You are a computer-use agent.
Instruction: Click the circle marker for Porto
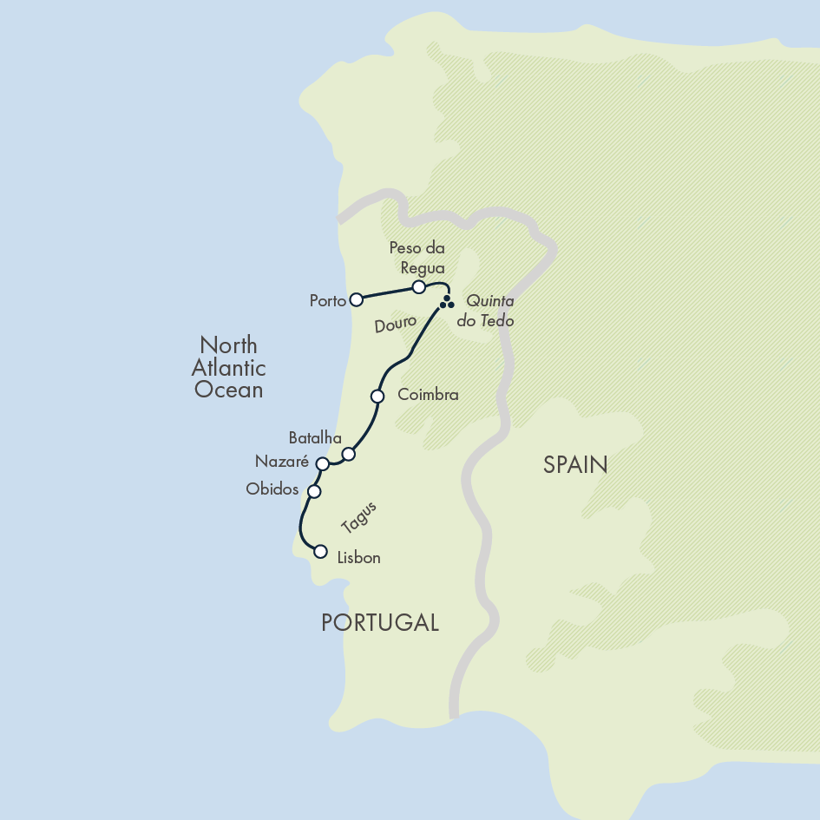click(x=356, y=300)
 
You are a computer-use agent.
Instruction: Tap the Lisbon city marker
click(x=320, y=551)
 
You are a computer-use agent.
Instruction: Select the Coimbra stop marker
click(x=377, y=397)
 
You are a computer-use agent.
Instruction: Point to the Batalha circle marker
click(x=348, y=454)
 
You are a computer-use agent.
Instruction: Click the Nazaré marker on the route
click(x=322, y=464)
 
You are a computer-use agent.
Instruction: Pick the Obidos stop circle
click(x=314, y=491)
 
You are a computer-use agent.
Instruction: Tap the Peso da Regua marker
click(x=418, y=286)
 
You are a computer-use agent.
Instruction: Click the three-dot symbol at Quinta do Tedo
click(x=447, y=303)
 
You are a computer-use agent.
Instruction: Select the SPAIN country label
click(x=575, y=465)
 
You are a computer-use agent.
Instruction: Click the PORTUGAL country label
click(x=380, y=622)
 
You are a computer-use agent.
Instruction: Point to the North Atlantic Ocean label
click(x=229, y=367)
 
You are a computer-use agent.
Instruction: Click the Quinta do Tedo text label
click(x=490, y=311)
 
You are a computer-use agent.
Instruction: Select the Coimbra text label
click(x=428, y=395)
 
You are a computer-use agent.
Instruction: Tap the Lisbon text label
click(x=358, y=557)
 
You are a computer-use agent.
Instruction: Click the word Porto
click(x=328, y=301)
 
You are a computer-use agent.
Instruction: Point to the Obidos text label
click(x=272, y=489)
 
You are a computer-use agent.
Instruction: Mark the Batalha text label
click(x=315, y=437)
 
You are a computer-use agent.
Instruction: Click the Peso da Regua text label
click(x=417, y=258)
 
